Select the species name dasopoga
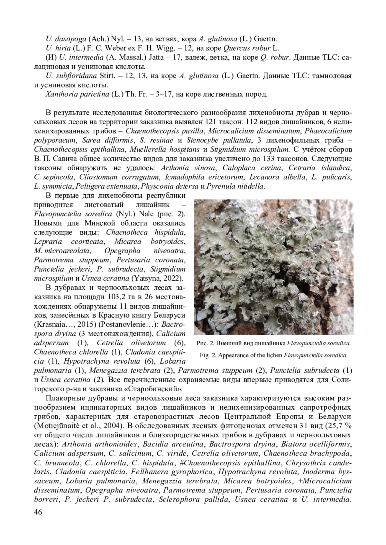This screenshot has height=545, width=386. click(x=71, y=39)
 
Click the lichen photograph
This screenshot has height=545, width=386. click(x=274, y=267)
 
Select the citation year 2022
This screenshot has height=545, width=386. click(x=173, y=278)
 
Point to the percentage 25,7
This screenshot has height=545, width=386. click(x=337, y=426)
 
